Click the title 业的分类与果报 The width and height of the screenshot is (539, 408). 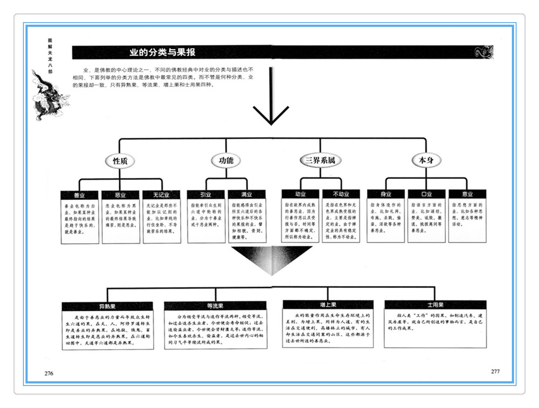click(x=162, y=53)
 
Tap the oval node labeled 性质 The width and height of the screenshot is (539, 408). click(x=119, y=160)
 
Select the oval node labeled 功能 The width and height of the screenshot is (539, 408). click(x=226, y=160)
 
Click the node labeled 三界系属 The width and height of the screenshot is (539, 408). click(x=320, y=160)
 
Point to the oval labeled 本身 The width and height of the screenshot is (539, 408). click(x=426, y=160)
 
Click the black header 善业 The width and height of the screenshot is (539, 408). click(x=80, y=195)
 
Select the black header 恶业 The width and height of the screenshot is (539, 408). click(x=120, y=195)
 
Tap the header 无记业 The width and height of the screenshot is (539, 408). click(x=161, y=195)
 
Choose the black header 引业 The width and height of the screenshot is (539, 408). click(x=206, y=195)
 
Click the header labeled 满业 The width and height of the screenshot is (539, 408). click(x=246, y=195)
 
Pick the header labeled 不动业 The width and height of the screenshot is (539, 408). click(x=341, y=195)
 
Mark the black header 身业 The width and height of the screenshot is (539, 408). click(x=385, y=195)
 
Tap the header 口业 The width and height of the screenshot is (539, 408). click(x=426, y=195)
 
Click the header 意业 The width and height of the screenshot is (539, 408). click(x=467, y=195)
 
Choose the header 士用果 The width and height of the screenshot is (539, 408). click(x=435, y=305)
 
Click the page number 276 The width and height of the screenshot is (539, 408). click(x=49, y=373)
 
